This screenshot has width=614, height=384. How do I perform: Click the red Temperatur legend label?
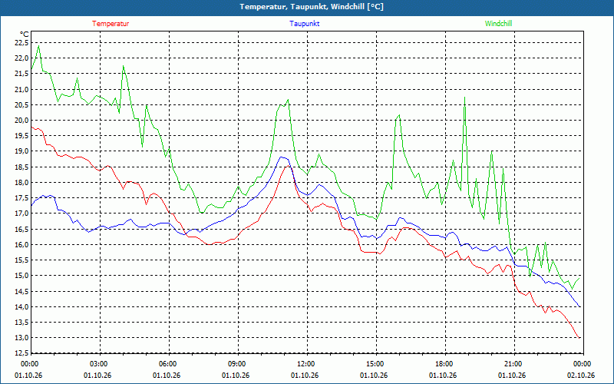coord(111,24)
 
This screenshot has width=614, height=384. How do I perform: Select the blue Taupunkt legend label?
coord(304,24)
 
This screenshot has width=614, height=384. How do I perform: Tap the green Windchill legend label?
coord(498,24)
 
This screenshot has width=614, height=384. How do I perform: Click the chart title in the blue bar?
coord(312,7)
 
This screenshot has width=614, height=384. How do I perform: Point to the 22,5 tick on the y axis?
coord(21,43)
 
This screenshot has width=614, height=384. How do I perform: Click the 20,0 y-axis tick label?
coord(21,121)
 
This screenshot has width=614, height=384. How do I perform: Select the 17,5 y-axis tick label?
coord(21,198)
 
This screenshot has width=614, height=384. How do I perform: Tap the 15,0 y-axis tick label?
coord(21,276)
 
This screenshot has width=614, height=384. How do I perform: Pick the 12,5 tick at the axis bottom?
coord(21,353)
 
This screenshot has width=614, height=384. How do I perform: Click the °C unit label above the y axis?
coord(25,34)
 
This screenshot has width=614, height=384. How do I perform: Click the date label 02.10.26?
coord(581,376)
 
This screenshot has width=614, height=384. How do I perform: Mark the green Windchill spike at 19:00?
coord(464,98)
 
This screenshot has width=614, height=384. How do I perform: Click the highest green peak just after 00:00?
coord(38,46)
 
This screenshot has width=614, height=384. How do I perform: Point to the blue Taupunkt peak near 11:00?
coord(282,157)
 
